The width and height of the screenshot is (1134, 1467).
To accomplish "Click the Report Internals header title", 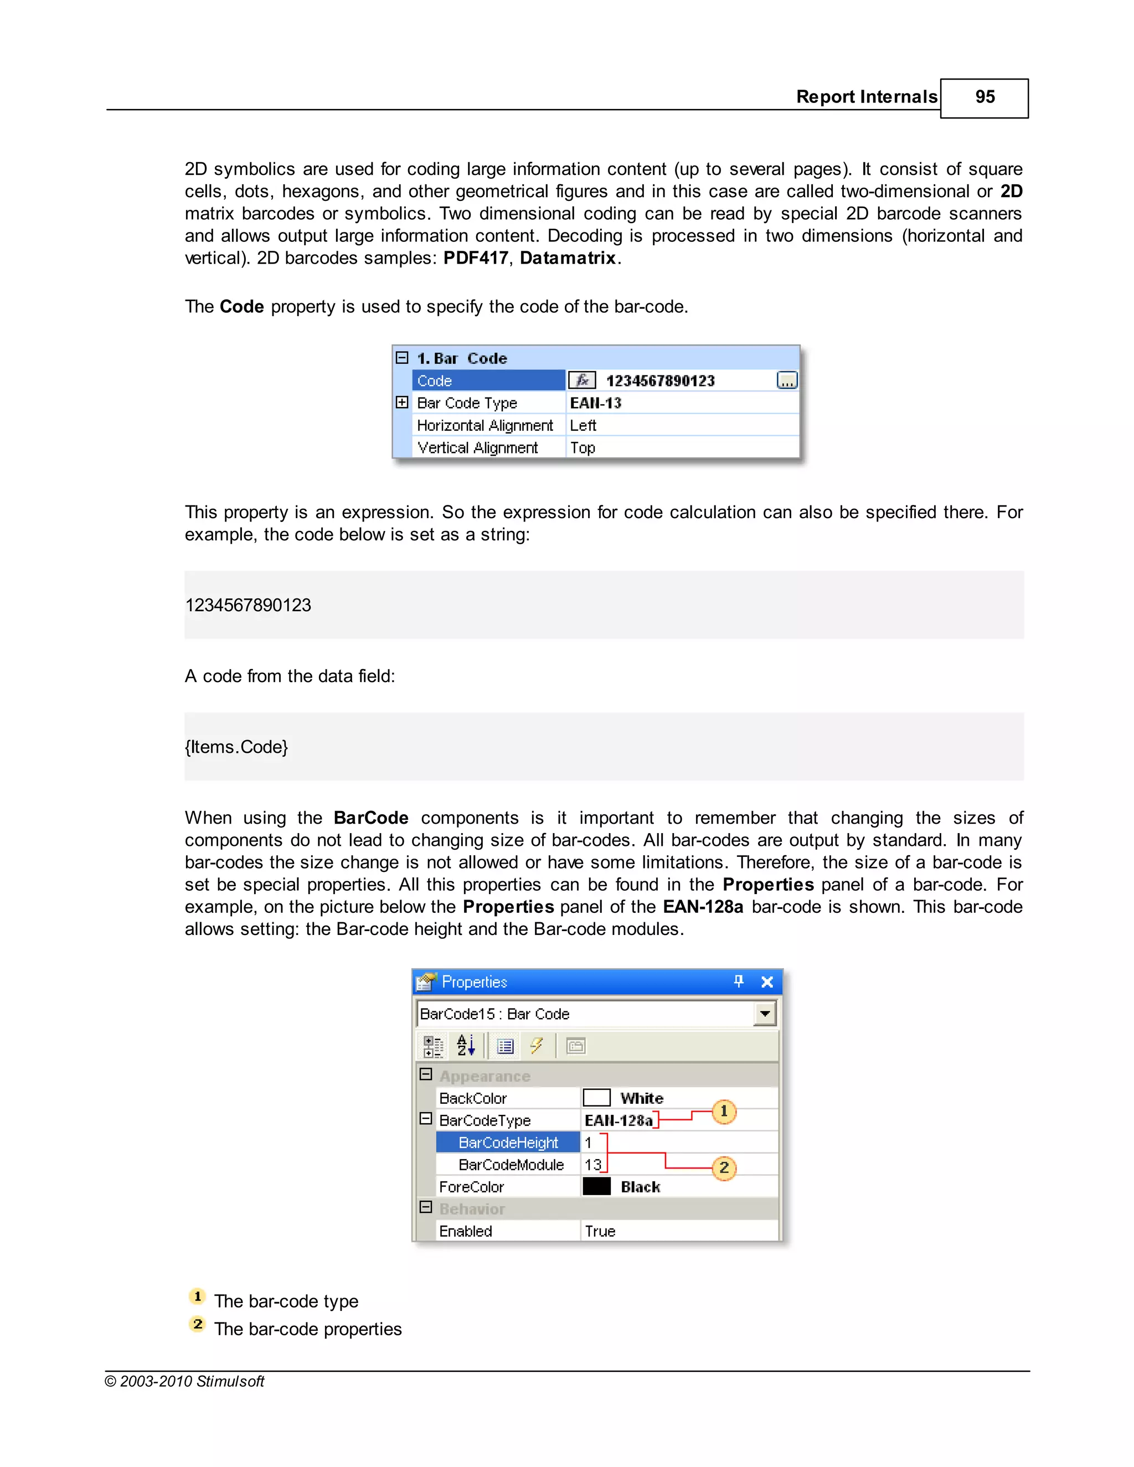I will point(866,97).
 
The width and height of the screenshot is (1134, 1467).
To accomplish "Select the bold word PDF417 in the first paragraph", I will point(475,258).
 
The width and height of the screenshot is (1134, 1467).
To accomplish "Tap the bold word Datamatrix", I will point(568,258).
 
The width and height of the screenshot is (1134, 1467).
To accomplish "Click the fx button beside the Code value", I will point(582,381).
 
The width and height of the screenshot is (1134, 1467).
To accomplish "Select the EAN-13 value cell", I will point(596,403).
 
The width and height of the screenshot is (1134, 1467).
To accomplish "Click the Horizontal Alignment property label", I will point(484,425).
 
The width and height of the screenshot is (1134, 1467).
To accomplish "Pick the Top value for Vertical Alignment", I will point(583,447).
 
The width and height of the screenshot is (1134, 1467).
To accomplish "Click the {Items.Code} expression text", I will point(236,747).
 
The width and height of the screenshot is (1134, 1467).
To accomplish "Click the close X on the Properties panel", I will point(766,982).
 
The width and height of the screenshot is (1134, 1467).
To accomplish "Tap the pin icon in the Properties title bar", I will point(738,982).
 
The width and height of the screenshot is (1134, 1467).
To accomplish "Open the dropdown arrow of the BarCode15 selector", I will point(765,1014).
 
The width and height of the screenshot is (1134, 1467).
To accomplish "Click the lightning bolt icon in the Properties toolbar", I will point(536,1046).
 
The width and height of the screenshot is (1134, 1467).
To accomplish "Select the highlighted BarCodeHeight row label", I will point(508,1143).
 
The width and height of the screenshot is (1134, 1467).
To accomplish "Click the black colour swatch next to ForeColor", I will point(596,1187).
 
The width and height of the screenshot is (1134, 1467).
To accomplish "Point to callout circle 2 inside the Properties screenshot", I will point(724,1168).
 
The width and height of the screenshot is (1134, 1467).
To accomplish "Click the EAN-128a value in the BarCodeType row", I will point(618,1120).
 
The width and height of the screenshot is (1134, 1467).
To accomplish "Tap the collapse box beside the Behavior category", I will point(425,1208).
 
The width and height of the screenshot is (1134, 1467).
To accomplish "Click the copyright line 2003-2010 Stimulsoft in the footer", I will point(185,1381).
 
